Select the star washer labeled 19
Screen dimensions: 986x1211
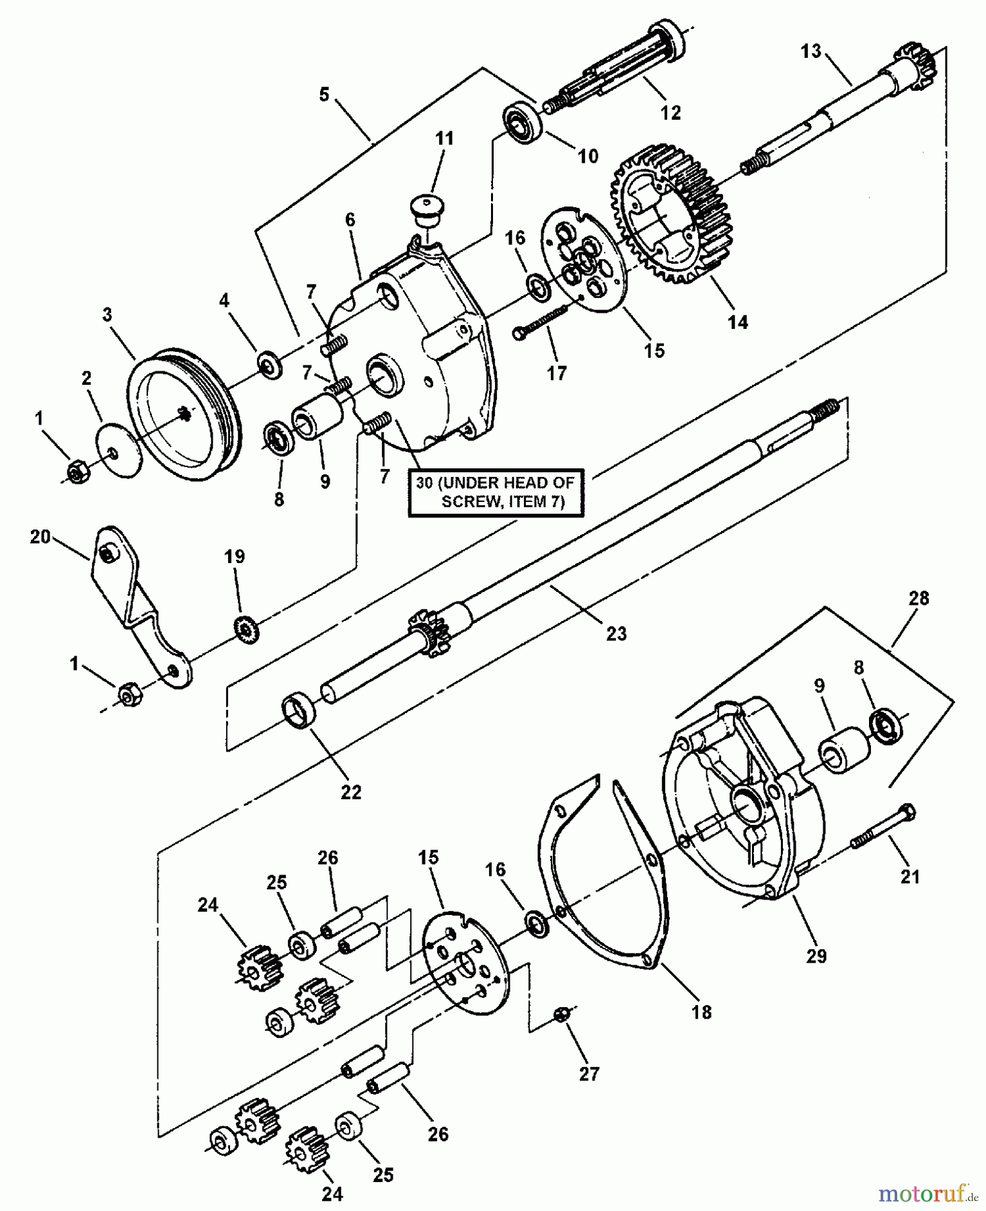pos(245,628)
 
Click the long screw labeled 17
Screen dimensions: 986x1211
pos(545,320)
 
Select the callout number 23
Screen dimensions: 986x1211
pos(615,633)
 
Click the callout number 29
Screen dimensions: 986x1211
pos(815,955)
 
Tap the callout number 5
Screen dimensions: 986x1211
pos(324,95)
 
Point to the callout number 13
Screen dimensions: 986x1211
pos(810,51)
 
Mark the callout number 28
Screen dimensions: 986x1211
pos(918,598)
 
